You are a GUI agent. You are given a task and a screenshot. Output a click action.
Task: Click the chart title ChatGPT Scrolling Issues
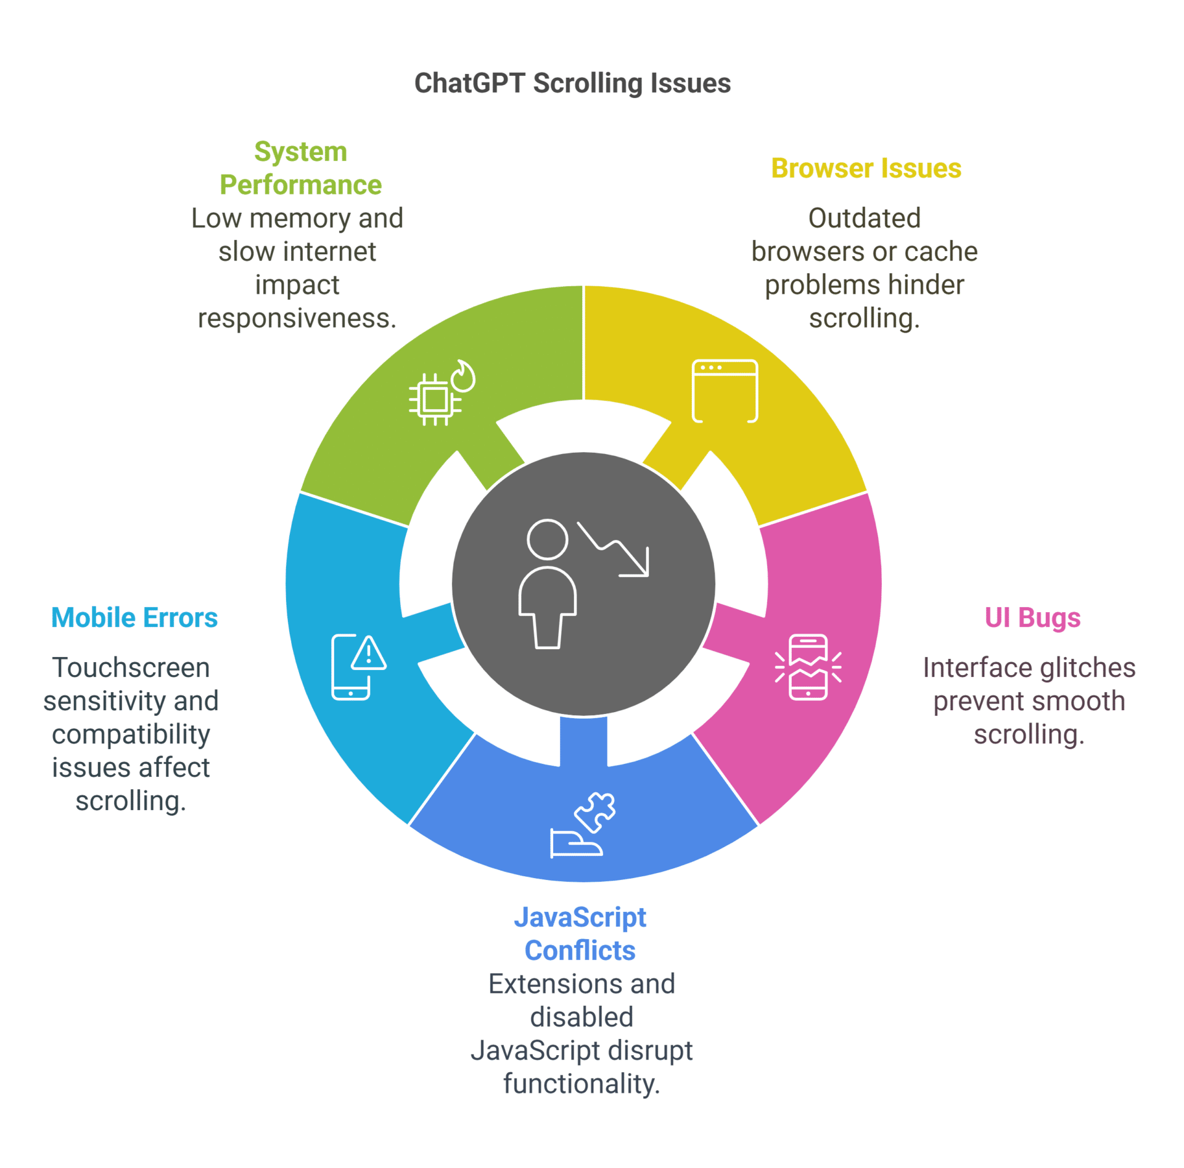pos(572,83)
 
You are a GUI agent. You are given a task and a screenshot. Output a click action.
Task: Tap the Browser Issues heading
pos(865,168)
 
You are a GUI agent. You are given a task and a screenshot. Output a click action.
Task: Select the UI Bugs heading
pos(1032,618)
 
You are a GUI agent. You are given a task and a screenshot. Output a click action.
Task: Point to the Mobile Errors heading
pos(134,618)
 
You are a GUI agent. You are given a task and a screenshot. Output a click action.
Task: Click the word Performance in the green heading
pos(300,185)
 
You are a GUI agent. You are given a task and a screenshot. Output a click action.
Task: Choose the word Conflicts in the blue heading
pos(580,950)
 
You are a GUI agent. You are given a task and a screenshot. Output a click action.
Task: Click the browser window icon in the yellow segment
pos(724,391)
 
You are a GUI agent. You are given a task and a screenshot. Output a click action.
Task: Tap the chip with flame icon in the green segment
pos(442,393)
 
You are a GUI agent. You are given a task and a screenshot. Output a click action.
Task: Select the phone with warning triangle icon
pos(358,667)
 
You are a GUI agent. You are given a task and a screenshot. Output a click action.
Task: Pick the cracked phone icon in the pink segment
pos(807,667)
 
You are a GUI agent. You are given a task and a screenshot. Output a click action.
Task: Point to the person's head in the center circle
pos(547,539)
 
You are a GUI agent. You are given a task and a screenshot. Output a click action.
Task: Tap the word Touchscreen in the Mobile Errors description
pos(131,668)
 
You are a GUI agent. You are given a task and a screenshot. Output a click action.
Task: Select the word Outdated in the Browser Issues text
pos(864,218)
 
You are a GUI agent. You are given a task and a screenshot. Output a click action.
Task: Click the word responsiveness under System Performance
pos(296,318)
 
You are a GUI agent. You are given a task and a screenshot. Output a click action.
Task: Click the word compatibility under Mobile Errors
pos(131,734)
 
